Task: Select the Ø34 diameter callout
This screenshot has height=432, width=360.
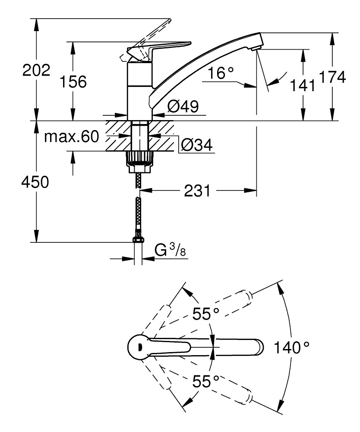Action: click(197, 146)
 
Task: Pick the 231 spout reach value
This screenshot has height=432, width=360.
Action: click(198, 190)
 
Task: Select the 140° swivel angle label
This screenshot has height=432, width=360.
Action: click(292, 346)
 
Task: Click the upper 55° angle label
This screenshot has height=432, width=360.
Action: click(206, 314)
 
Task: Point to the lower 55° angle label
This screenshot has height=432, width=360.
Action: click(206, 381)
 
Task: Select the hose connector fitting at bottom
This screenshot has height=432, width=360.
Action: click(138, 239)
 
